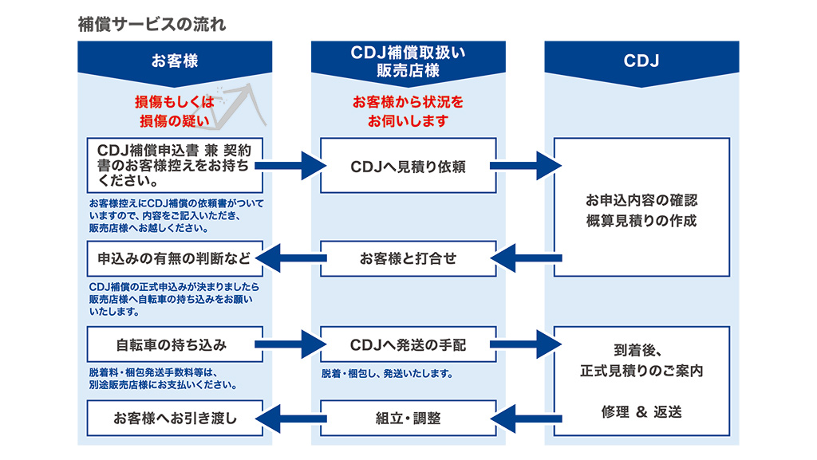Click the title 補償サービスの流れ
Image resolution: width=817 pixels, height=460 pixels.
pyautogui.click(x=152, y=25)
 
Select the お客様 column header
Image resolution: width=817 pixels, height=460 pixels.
pyautogui.click(x=175, y=61)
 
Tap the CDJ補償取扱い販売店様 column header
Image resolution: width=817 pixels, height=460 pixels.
pyautogui.click(x=408, y=61)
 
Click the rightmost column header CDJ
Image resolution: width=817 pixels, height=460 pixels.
pyautogui.click(x=641, y=61)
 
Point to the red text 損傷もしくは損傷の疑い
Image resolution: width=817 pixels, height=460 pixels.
pyautogui.click(x=175, y=112)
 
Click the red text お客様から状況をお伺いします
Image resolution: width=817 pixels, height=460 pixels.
pyautogui.click(x=408, y=112)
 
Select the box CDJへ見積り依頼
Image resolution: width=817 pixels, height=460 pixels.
pyautogui.click(x=408, y=166)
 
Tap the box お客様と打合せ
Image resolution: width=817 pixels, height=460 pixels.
pyautogui.click(x=408, y=258)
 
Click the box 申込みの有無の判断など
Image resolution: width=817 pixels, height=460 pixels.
pyautogui.click(x=175, y=258)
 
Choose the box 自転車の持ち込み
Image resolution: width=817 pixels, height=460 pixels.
pyautogui.click(x=175, y=344)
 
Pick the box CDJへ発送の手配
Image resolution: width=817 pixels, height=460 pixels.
pyautogui.click(x=408, y=344)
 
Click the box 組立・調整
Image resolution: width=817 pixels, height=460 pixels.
pyautogui.click(x=408, y=419)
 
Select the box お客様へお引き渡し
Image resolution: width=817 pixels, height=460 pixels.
pyautogui.click(x=175, y=419)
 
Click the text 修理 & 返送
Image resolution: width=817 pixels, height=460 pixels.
pyautogui.click(x=641, y=412)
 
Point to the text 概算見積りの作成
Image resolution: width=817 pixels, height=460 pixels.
pyautogui.click(x=641, y=221)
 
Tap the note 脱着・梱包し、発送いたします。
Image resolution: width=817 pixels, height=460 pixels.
pyautogui.click(x=387, y=374)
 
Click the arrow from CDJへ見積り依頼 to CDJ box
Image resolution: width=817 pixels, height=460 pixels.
pyautogui.click(x=526, y=166)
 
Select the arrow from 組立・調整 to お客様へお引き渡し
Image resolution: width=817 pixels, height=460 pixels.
pyautogui.click(x=290, y=419)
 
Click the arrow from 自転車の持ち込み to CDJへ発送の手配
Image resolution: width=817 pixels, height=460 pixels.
pyautogui.click(x=290, y=344)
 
